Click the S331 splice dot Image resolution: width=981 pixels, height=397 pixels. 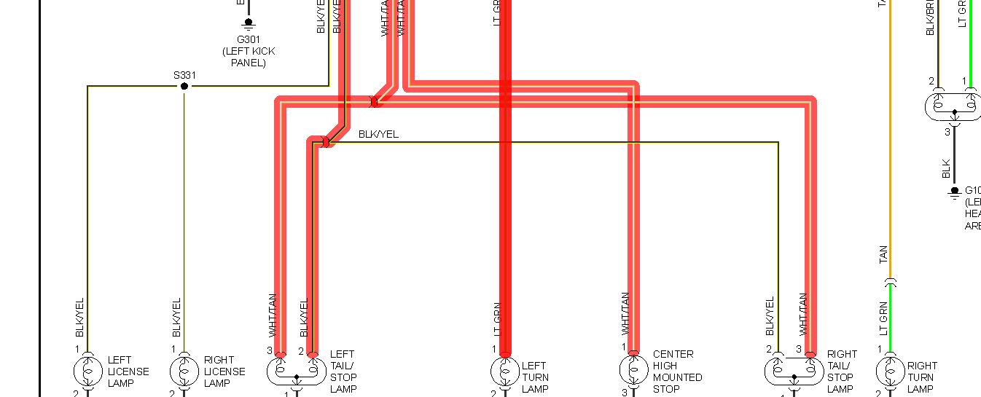tap(184, 86)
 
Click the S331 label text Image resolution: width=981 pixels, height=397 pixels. tap(184, 75)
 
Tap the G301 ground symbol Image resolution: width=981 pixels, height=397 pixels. tap(248, 23)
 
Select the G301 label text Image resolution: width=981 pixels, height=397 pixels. tap(248, 39)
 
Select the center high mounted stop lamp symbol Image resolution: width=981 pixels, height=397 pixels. tap(633, 371)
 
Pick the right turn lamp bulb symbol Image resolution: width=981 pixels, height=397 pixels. tap(890, 372)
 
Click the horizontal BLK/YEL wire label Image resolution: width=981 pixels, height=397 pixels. tap(378, 135)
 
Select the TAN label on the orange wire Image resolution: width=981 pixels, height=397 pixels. tap(883, 254)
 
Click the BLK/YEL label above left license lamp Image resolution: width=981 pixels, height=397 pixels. tap(80, 318)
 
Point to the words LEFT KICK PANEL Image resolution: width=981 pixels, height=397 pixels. tap(249, 57)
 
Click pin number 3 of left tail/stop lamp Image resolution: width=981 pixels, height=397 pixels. tap(270, 350)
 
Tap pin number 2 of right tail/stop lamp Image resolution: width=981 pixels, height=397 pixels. tap(769, 350)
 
